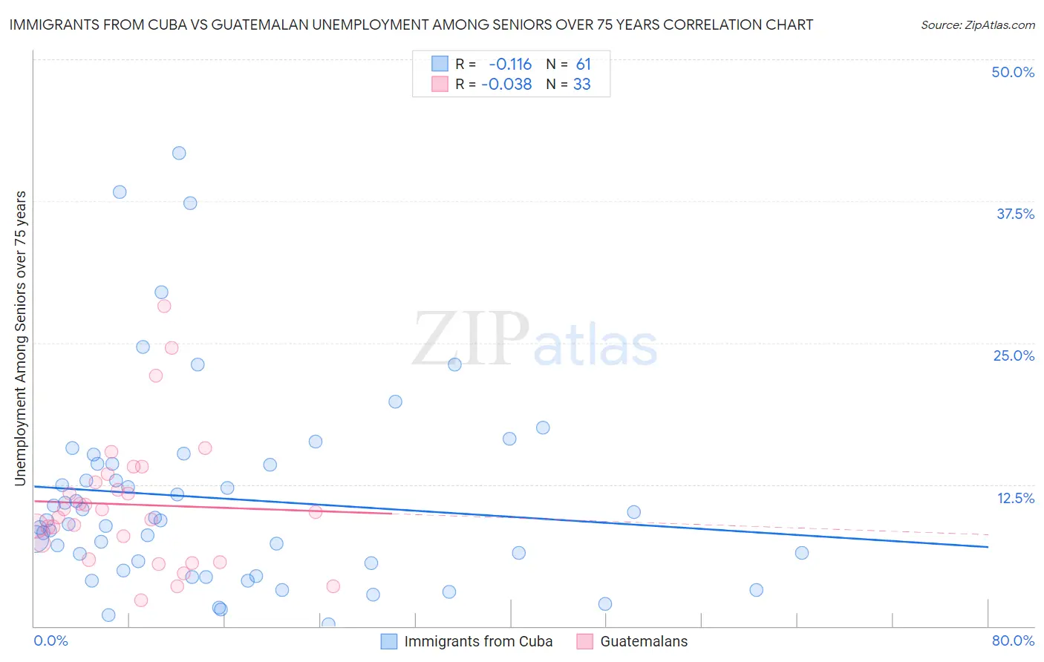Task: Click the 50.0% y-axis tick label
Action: [1013, 72]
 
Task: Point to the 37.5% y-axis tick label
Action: [1015, 214]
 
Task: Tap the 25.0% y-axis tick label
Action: [1014, 355]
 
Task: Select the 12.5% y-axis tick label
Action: [1015, 498]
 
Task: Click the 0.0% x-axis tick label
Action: [50, 640]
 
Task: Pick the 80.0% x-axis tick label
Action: [1013, 640]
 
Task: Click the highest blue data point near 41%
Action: [179, 153]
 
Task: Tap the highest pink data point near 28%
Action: [164, 306]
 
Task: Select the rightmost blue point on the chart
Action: [801, 552]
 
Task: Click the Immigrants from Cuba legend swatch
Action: [389, 641]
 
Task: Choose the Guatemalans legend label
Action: [644, 641]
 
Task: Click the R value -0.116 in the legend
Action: [510, 65]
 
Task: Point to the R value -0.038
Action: [506, 85]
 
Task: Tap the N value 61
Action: [584, 65]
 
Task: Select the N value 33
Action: [582, 85]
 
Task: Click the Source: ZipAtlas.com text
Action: [977, 25]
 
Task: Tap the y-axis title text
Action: [20, 338]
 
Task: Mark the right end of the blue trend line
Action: [988, 547]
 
